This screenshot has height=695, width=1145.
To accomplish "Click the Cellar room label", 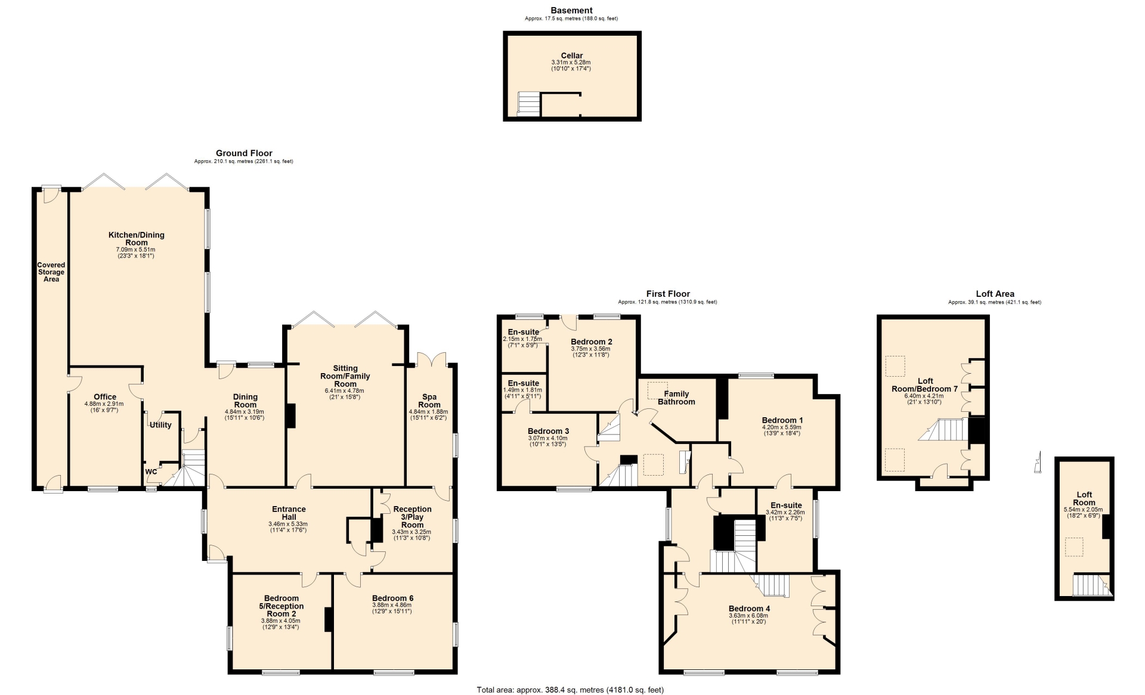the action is (x=571, y=55).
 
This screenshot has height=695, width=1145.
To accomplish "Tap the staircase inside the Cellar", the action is (x=528, y=103).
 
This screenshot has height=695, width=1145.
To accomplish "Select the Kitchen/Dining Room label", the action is (x=136, y=238).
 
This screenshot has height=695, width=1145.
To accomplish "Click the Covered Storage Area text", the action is (x=51, y=272).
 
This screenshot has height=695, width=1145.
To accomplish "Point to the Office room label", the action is (x=105, y=396).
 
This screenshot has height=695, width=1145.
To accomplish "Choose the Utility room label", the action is (x=160, y=425).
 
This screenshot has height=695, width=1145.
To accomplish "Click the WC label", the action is (x=151, y=471).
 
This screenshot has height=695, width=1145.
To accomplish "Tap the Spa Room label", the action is (x=429, y=401).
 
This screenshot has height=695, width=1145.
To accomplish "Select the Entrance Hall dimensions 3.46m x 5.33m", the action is (x=288, y=524).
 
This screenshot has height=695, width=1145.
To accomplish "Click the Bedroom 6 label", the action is (x=392, y=598).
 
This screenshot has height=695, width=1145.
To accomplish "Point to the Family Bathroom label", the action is (x=676, y=398).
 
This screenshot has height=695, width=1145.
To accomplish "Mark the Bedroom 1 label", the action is (x=782, y=420).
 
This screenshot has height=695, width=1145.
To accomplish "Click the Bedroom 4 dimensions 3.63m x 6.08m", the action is (x=749, y=616).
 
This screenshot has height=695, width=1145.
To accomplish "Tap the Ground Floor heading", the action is (x=244, y=153).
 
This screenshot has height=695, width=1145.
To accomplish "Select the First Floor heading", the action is (x=668, y=293).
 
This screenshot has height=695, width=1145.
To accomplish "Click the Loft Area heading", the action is (x=995, y=293).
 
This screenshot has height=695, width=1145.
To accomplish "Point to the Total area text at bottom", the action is (x=570, y=690).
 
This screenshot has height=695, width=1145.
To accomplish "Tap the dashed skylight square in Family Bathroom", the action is (x=657, y=390).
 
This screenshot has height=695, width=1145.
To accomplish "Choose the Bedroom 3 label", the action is (x=548, y=431).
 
